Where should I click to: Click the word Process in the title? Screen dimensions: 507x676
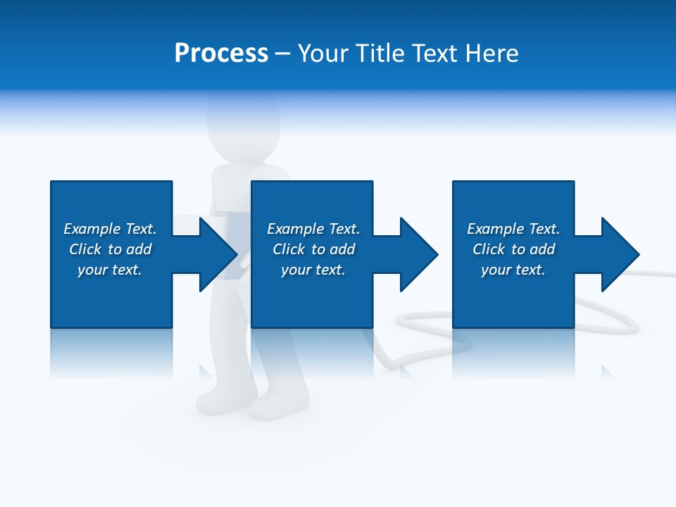(221, 54)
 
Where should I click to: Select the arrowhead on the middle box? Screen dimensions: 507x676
(419, 254)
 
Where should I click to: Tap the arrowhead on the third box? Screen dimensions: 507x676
(620, 254)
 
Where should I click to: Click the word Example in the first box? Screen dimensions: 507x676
(92, 229)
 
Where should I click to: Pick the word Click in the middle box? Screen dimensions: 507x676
(289, 249)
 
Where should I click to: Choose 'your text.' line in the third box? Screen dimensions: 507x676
(513, 270)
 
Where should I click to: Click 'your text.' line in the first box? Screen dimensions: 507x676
(110, 270)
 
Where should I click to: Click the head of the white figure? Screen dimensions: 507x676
(244, 116)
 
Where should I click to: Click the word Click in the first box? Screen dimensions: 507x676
(85, 249)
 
